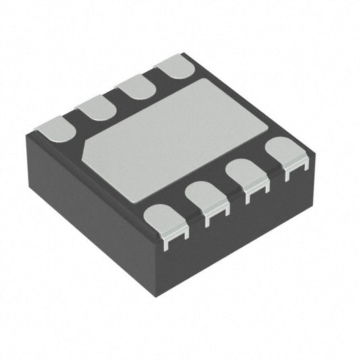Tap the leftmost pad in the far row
click(55, 128)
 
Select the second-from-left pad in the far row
click(95, 107)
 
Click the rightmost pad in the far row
click(176, 66)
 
